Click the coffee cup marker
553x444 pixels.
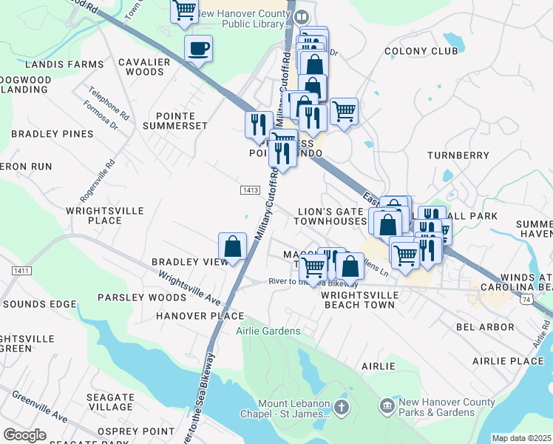tap(197, 50)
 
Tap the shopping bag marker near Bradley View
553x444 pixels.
tap(232, 247)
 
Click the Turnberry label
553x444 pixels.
tap(458, 155)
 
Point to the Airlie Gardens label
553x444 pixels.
tap(268, 331)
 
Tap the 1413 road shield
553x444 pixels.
tap(250, 190)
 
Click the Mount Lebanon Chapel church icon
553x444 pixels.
tap(341, 407)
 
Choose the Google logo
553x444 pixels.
tap(24, 435)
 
